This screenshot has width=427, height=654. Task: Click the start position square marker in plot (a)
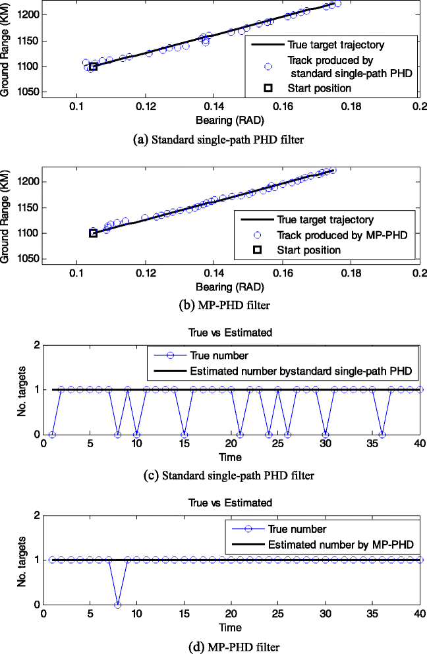93,67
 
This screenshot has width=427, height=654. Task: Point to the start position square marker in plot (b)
93,233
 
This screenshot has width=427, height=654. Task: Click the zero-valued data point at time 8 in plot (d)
118,605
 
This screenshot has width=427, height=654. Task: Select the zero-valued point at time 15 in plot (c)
184,434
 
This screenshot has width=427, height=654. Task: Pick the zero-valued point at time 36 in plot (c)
382,434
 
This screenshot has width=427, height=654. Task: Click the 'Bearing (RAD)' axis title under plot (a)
231,121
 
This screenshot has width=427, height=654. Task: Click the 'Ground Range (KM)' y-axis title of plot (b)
6,217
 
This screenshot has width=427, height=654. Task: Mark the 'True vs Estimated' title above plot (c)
231,333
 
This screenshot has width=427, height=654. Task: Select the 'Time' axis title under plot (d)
231,627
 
